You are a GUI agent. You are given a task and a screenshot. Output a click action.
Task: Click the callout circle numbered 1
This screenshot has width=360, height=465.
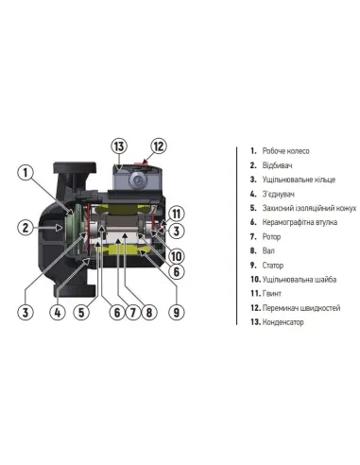[x=26, y=173]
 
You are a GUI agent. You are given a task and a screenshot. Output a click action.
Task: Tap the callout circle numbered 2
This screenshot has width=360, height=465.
[x=26, y=228]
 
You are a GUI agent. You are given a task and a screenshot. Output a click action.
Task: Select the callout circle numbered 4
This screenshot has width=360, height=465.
[x=58, y=313]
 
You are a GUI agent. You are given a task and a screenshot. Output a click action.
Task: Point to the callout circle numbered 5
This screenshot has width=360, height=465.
[x=81, y=313]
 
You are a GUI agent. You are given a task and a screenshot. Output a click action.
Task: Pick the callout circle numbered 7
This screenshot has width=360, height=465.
[x=133, y=313]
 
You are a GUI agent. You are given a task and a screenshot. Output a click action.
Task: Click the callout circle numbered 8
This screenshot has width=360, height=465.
[x=149, y=313]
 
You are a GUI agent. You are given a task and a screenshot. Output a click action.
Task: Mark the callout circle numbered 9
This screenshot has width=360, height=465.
[x=177, y=313]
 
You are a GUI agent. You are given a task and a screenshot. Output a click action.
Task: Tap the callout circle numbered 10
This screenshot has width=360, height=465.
[x=177, y=256]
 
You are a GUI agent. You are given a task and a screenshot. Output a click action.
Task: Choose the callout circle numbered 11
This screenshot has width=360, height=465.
[x=177, y=214]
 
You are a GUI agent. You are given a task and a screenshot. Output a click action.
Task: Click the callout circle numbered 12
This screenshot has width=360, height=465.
[x=159, y=146]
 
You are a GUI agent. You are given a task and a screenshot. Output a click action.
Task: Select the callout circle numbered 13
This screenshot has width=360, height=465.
[x=119, y=146]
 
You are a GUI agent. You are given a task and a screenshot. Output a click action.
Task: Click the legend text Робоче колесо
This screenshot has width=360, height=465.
[x=286, y=151]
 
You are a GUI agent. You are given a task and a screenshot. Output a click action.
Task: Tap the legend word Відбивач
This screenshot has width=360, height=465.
[x=277, y=165]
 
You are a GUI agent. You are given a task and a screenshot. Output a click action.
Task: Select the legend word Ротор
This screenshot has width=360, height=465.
[x=271, y=236]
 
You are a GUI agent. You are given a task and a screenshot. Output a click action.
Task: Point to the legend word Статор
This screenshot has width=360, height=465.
[x=273, y=266]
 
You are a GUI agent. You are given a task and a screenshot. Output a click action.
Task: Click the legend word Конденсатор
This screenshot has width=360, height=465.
[x=283, y=322]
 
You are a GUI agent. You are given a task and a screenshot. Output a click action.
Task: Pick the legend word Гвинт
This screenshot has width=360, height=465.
[x=272, y=294]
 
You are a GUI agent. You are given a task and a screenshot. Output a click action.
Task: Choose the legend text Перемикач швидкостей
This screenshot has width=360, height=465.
[x=301, y=308]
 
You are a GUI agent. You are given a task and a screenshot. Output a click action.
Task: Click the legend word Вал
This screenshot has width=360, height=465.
[x=268, y=250]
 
